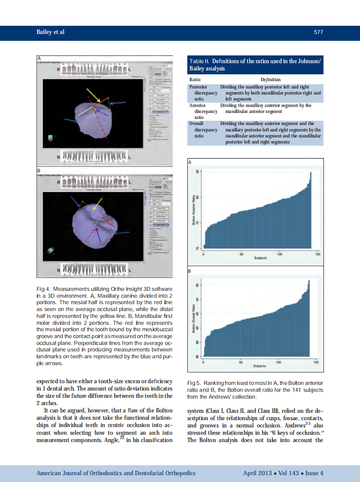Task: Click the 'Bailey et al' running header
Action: tap(50, 32)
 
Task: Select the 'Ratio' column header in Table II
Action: tap(195, 79)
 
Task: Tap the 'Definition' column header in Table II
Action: tap(270, 79)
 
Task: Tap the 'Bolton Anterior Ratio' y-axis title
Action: tap(193, 210)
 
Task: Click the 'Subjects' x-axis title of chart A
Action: tap(260, 258)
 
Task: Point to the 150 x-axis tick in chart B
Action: tap(317, 362)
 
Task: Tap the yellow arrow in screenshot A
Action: tap(93, 95)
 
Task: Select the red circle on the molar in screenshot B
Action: tap(110, 223)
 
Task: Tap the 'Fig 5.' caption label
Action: tap(194, 383)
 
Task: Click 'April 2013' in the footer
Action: tap(257, 473)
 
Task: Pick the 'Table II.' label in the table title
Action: tap(200, 61)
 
